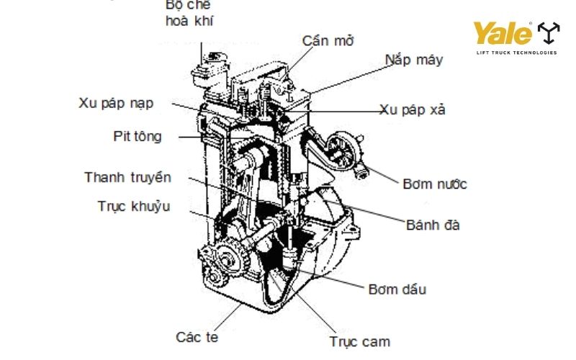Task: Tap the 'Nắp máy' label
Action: tap(414, 60)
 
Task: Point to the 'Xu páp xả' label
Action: tap(413, 110)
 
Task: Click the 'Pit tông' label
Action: tap(138, 136)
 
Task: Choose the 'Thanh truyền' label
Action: tap(128, 177)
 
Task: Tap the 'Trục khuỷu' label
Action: tap(134, 207)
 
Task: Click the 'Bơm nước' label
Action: tap(434, 184)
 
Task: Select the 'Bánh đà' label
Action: tap(432, 225)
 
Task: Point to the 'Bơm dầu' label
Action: tap(397, 289)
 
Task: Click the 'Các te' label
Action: tap(197, 336)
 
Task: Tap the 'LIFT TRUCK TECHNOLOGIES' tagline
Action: tap(516, 53)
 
